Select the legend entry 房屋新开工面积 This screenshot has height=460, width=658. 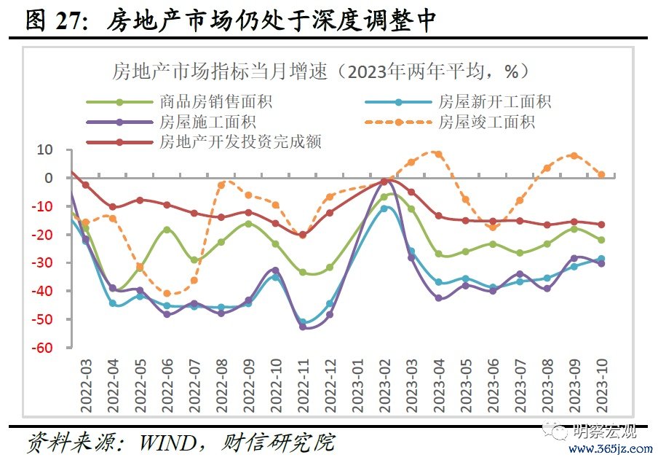coord(494,102)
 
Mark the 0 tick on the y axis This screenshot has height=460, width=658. coord(49,178)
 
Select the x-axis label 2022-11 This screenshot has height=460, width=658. coord(303,380)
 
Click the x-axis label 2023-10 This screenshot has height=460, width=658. coord(601,380)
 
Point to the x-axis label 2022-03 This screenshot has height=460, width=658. coord(86,380)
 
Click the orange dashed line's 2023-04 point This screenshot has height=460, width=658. coord(438,154)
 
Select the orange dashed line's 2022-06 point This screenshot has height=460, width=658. coord(167,293)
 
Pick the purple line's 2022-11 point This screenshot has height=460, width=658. coord(303,327)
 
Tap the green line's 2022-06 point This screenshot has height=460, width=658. coord(167,230)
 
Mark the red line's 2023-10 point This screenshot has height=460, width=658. coord(601,225)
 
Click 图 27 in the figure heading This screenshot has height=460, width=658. coord(52,22)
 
